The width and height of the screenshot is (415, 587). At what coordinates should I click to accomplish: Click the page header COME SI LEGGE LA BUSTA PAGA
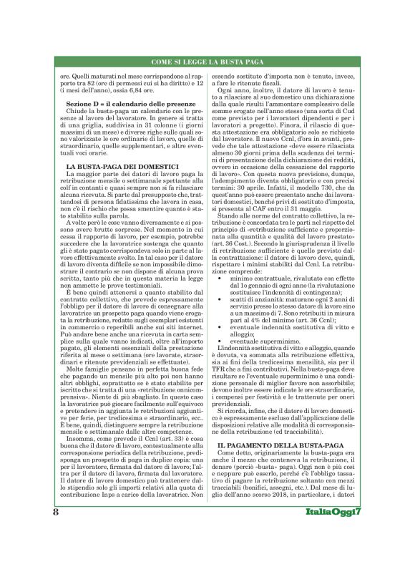coord(207,62)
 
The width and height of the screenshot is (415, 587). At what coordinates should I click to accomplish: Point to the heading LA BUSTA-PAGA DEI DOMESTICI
coord(106,186)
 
